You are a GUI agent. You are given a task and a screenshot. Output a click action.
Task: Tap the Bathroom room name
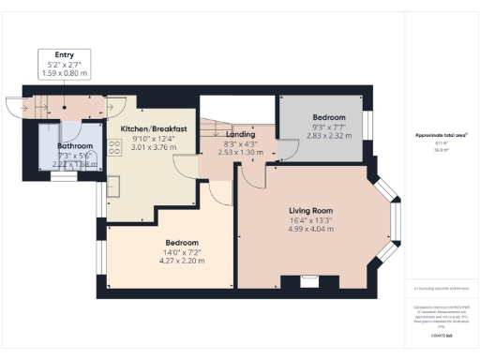pyautogui.click(x=74, y=146)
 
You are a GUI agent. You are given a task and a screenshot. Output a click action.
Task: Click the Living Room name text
pyautogui.click(x=311, y=210)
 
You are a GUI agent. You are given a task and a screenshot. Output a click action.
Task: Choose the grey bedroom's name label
pyautogui.click(x=328, y=118)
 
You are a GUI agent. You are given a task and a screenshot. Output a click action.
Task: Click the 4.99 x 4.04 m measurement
pyautogui.click(x=311, y=230)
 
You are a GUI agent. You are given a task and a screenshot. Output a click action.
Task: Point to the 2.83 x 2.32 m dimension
pyautogui.click(x=328, y=136)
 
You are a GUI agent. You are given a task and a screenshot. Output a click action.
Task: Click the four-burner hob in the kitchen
pyautogui.click(x=114, y=147)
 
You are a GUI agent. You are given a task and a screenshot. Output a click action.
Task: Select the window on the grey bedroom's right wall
pyautogui.click(x=368, y=124)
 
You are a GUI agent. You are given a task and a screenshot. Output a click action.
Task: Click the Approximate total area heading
pyautogui.click(x=441, y=135)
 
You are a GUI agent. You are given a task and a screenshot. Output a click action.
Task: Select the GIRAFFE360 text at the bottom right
pyautogui.click(x=442, y=334)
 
